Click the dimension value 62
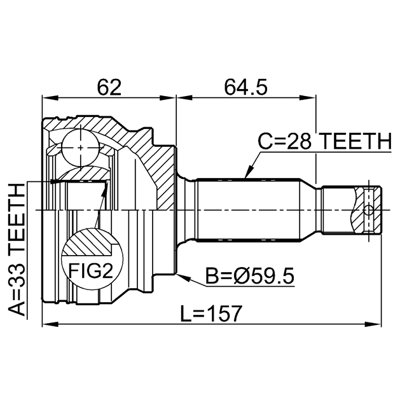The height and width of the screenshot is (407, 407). (108, 87)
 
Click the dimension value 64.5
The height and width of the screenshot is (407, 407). (245, 87)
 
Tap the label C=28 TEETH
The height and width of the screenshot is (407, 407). (323, 141)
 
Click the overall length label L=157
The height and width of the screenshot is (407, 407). (210, 313)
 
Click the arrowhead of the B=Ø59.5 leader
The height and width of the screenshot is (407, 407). (181, 274)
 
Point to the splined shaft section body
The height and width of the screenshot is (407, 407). (248, 210)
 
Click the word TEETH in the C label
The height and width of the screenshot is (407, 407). (353, 141)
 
